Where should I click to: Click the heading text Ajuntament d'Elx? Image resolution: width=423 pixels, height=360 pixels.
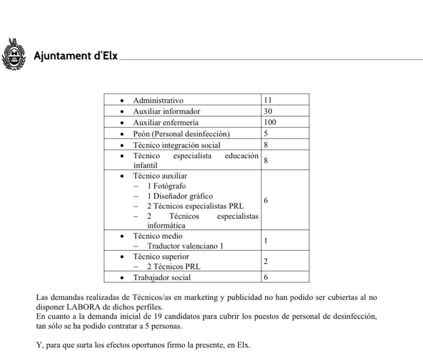tap(76, 56)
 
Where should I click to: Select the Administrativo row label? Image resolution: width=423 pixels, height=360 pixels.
tap(158, 100)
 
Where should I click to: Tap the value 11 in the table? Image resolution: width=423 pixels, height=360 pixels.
tap(268, 100)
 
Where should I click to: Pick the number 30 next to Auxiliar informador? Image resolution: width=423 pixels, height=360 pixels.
tap(268, 111)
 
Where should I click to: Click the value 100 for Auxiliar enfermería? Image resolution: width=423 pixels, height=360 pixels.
tap(270, 122)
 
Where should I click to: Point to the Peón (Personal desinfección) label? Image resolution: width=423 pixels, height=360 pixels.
tap(181, 134)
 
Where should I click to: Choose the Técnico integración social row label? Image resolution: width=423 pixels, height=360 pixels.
tap(176, 145)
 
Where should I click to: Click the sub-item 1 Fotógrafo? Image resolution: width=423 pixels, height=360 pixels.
tap(166, 186)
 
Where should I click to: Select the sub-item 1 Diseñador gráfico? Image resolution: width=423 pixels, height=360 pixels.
tap(180, 196)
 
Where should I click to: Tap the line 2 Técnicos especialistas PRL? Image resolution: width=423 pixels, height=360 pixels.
tap(195, 206)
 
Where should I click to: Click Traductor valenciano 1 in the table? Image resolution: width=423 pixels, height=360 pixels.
tap(185, 246)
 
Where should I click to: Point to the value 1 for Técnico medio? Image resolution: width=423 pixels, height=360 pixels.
tap(266, 241)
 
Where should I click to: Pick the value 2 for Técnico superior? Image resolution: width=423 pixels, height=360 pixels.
tap(266, 261)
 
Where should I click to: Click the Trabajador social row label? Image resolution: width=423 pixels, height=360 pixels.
tap(162, 277)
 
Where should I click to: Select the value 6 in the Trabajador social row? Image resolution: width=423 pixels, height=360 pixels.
tap(266, 277)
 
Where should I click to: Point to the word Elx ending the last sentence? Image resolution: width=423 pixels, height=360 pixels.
tap(243, 345)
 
